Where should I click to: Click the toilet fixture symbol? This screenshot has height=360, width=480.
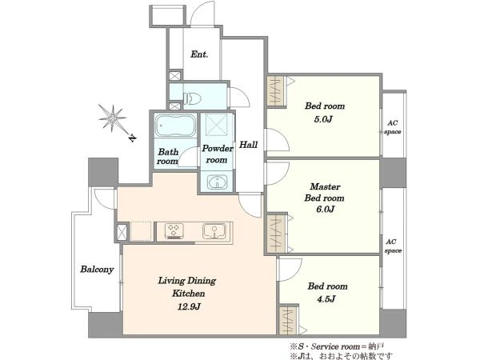click(x=192, y=98)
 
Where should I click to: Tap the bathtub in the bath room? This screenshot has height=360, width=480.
click(x=175, y=126)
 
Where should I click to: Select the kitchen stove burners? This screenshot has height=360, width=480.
click(x=174, y=230)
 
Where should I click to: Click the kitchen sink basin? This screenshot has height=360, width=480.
click(x=214, y=231)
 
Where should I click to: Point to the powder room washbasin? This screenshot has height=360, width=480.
click(x=217, y=182)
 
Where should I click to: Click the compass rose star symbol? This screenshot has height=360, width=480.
click(x=113, y=118)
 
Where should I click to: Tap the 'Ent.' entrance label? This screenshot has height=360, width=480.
click(x=199, y=54)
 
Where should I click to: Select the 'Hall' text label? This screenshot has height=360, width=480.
click(x=248, y=145)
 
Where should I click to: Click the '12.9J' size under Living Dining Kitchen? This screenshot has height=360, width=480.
click(x=189, y=306)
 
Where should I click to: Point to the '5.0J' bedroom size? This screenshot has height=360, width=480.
click(x=323, y=119)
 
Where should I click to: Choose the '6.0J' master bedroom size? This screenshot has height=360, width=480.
click(x=325, y=209)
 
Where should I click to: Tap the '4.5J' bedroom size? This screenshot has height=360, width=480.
click(x=326, y=298)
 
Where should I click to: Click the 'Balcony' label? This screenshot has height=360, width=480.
click(x=97, y=270)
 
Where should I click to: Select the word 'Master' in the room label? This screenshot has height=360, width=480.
click(x=325, y=186)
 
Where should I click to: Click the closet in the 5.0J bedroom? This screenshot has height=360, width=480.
click(x=277, y=91)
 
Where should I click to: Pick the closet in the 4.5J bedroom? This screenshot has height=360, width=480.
click(x=288, y=321)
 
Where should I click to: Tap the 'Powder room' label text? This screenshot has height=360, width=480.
click(x=217, y=154)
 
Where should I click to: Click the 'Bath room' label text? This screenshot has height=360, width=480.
click(x=168, y=157)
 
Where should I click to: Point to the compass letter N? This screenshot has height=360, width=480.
click(x=132, y=138)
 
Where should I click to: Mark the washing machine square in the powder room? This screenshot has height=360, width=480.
click(x=217, y=124)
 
